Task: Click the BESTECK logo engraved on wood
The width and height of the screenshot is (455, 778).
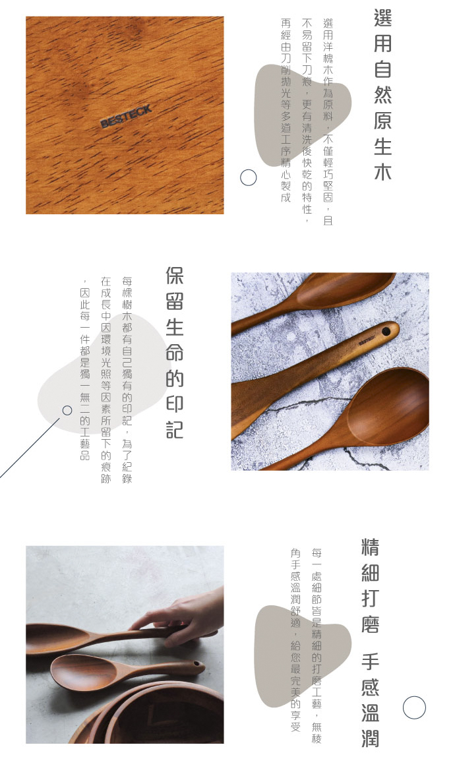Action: [126, 117]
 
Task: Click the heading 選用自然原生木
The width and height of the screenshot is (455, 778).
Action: [382, 95]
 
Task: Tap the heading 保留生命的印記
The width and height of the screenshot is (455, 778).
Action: [174, 353]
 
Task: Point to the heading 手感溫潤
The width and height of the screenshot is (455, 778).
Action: [370, 700]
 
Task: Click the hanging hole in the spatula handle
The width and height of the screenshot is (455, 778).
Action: [386, 328]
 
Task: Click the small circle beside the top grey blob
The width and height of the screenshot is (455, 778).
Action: [248, 177]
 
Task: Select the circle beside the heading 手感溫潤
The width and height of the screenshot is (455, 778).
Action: [414, 707]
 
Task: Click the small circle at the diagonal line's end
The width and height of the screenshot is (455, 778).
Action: [67, 410]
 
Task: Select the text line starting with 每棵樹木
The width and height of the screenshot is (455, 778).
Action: [127, 380]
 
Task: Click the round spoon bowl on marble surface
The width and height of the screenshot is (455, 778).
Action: [389, 405]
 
